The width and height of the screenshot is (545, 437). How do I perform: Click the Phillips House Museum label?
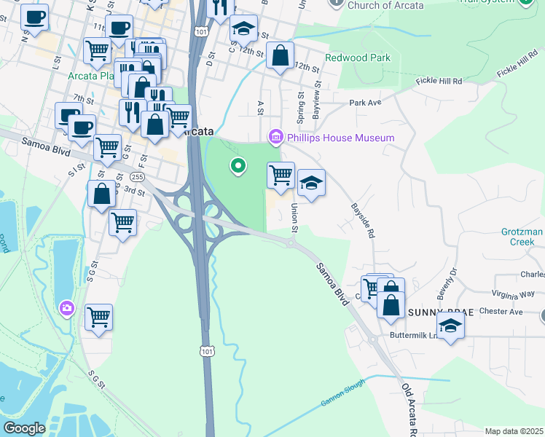pos(340,138)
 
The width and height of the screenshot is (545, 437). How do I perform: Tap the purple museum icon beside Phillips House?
pos(275,137)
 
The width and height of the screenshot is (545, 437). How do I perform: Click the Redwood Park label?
pos(358,58)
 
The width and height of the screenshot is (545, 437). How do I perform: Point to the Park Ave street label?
pos(365,103)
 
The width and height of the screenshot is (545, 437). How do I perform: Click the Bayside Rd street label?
pos(364,221)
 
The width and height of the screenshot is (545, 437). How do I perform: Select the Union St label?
pos(294,219)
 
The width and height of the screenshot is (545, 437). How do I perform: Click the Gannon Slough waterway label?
pos(342,393)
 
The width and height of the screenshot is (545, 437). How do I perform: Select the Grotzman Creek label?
pos(522,237)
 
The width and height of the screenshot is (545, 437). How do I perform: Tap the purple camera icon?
pos(67,309)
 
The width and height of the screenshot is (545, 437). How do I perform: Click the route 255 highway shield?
pos(136,177)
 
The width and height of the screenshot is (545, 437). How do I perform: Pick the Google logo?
pos(25,428)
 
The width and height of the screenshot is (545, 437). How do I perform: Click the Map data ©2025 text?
pos(513,431)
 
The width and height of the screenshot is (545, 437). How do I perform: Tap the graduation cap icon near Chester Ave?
pos(450,326)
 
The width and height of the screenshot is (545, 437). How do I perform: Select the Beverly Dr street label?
pos(447,280)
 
